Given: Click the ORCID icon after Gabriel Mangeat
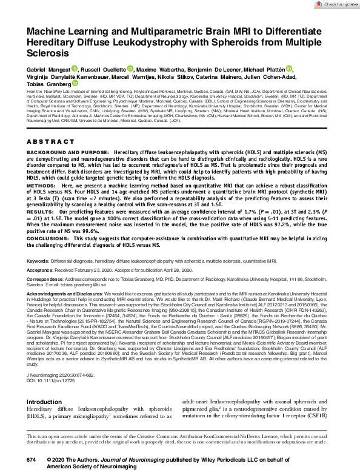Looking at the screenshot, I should [75, 69].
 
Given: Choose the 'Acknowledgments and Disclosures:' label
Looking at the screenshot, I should [65, 292].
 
